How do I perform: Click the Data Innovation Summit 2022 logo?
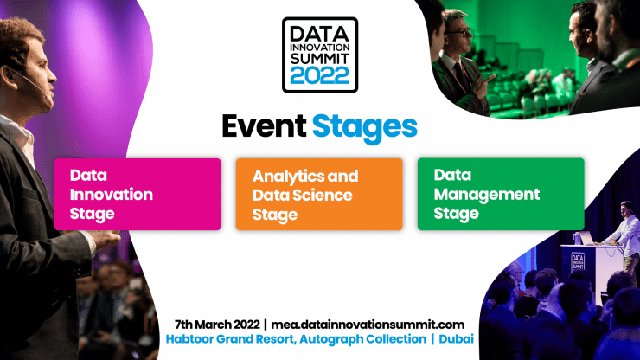320,53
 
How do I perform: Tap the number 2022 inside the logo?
320,74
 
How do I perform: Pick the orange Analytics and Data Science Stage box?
319,194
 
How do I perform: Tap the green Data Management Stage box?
501,194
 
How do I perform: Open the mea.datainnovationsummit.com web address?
374,323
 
